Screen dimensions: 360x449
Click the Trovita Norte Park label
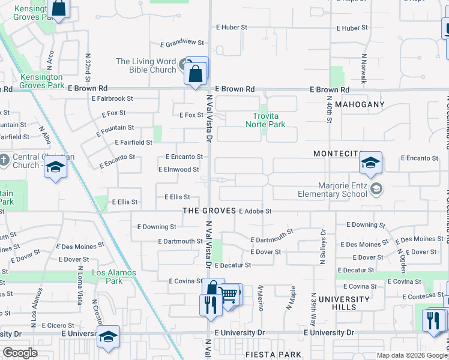pyautogui.click(x=265, y=120)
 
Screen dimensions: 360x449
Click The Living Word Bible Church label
pyautogui.click(x=146, y=65)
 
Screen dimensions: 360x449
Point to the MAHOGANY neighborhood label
pyautogui.click(x=359, y=104)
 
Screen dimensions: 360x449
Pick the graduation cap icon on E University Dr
pyautogui.click(x=108, y=335)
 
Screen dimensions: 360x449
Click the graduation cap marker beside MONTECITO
pyautogui.click(x=371, y=162)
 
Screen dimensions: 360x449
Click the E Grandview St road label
pyautogui.click(x=182, y=43)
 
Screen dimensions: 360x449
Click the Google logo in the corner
pyautogui.click(x=20, y=353)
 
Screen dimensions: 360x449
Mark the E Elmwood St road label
pyautogui.click(x=178, y=170)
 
